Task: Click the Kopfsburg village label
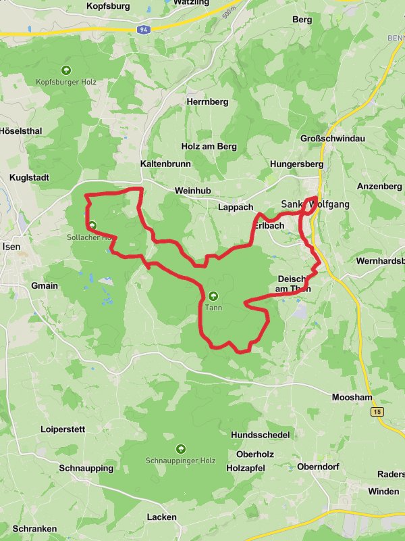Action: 108,6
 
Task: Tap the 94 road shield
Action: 143,30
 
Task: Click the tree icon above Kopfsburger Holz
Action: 66,70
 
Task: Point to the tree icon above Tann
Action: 213,295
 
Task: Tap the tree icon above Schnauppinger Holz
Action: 180,448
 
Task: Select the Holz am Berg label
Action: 209,146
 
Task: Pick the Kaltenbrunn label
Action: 165,164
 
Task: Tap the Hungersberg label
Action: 293,164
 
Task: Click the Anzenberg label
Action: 379,186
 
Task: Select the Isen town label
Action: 11,246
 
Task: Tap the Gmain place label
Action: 45,285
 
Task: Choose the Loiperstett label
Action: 63,429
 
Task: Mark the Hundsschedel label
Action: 261,434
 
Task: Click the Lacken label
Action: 161,517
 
